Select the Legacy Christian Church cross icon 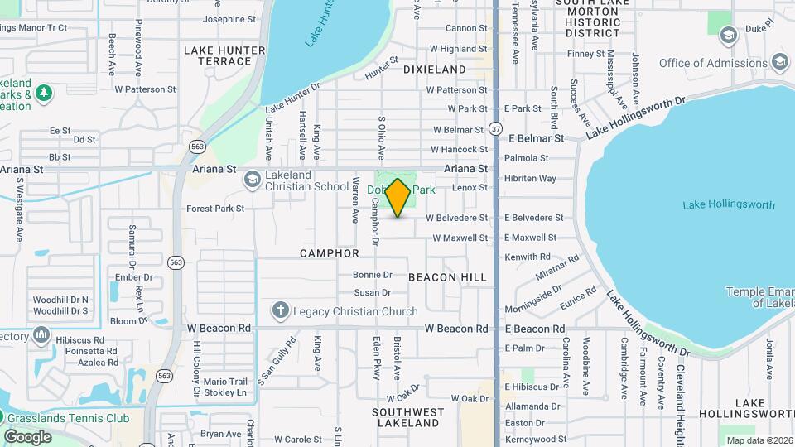[x=281, y=310]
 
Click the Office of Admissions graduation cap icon [x=779, y=62]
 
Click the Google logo [x=27, y=436]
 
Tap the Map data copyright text [x=759, y=440]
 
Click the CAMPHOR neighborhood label [x=330, y=253]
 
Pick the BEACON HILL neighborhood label [x=448, y=277]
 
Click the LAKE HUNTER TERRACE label [x=224, y=55]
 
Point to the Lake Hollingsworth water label [x=729, y=205]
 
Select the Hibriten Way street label [x=530, y=178]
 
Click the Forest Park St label [x=215, y=209]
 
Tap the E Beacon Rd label [x=535, y=329]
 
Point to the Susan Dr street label [x=372, y=292]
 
